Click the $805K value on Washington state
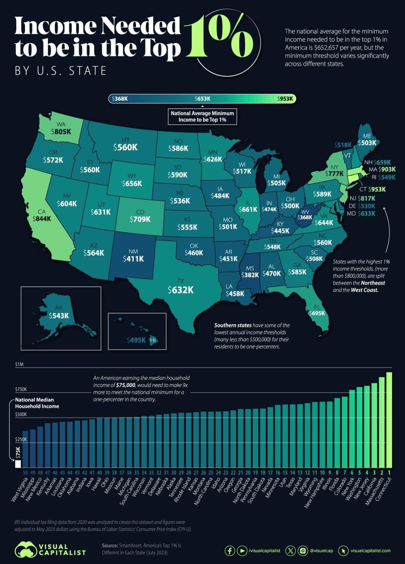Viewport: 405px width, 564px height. (61, 131)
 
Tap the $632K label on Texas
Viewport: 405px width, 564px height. (180, 290)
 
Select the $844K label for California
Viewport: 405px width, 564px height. (42, 219)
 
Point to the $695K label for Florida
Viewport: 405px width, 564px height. (317, 313)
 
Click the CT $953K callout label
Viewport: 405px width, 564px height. (372, 189)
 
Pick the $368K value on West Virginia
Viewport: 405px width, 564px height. (305, 217)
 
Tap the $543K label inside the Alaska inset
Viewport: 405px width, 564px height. (59, 316)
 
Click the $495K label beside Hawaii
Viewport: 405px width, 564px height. (136, 340)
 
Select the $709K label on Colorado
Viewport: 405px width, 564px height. (140, 219)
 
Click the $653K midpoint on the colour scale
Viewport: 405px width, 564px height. (202, 99)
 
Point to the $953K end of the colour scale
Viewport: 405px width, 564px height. (285, 99)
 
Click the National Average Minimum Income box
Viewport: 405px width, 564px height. (202, 116)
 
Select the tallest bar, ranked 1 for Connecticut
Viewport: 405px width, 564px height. (389, 420)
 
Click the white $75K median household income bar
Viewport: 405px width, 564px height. (18, 464)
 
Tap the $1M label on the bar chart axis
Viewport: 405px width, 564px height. (19, 365)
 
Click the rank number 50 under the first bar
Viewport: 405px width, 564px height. (25, 473)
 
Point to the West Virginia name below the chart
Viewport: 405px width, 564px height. (20, 489)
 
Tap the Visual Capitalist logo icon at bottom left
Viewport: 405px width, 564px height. (25, 550)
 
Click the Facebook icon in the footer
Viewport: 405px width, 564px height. (230, 551)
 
